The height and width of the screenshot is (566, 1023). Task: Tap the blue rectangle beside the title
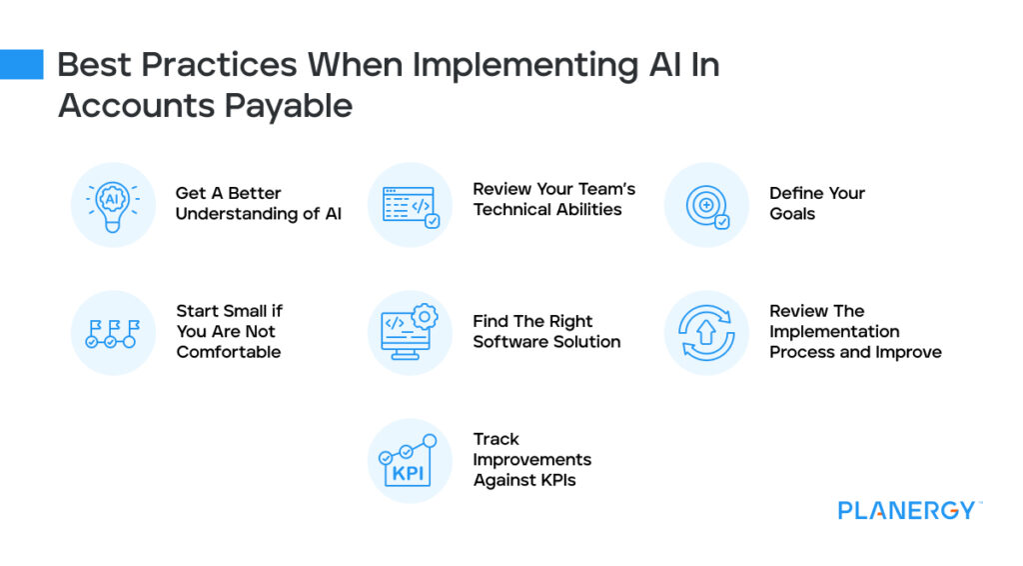[22, 65]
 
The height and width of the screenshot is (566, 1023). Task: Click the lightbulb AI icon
[112, 204]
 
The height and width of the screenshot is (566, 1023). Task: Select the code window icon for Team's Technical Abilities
[410, 204]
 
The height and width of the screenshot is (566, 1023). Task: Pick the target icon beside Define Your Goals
[706, 204]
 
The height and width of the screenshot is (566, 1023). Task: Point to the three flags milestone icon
[112, 333]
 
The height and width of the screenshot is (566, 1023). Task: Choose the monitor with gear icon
[410, 333]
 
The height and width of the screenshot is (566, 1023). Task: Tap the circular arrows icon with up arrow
[706, 333]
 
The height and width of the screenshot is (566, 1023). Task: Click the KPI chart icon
[410, 461]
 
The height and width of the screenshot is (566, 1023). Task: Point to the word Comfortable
[229, 352]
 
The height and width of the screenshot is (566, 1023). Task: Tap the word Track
[496, 439]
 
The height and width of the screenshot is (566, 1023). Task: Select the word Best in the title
[92, 65]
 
